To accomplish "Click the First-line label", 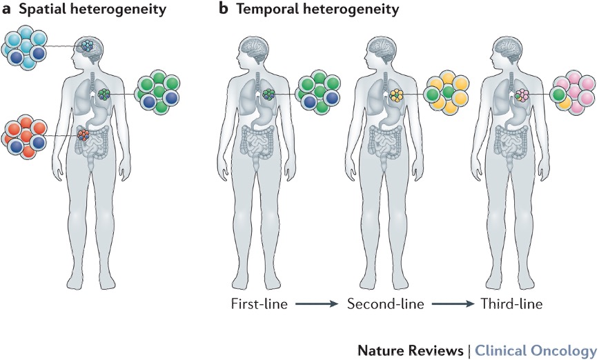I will tap(259, 303).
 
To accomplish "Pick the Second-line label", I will tap(386, 303).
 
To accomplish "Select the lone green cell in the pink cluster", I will tap(558, 94).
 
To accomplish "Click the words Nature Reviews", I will tap(410, 349).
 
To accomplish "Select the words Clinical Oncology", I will tap(535, 349).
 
